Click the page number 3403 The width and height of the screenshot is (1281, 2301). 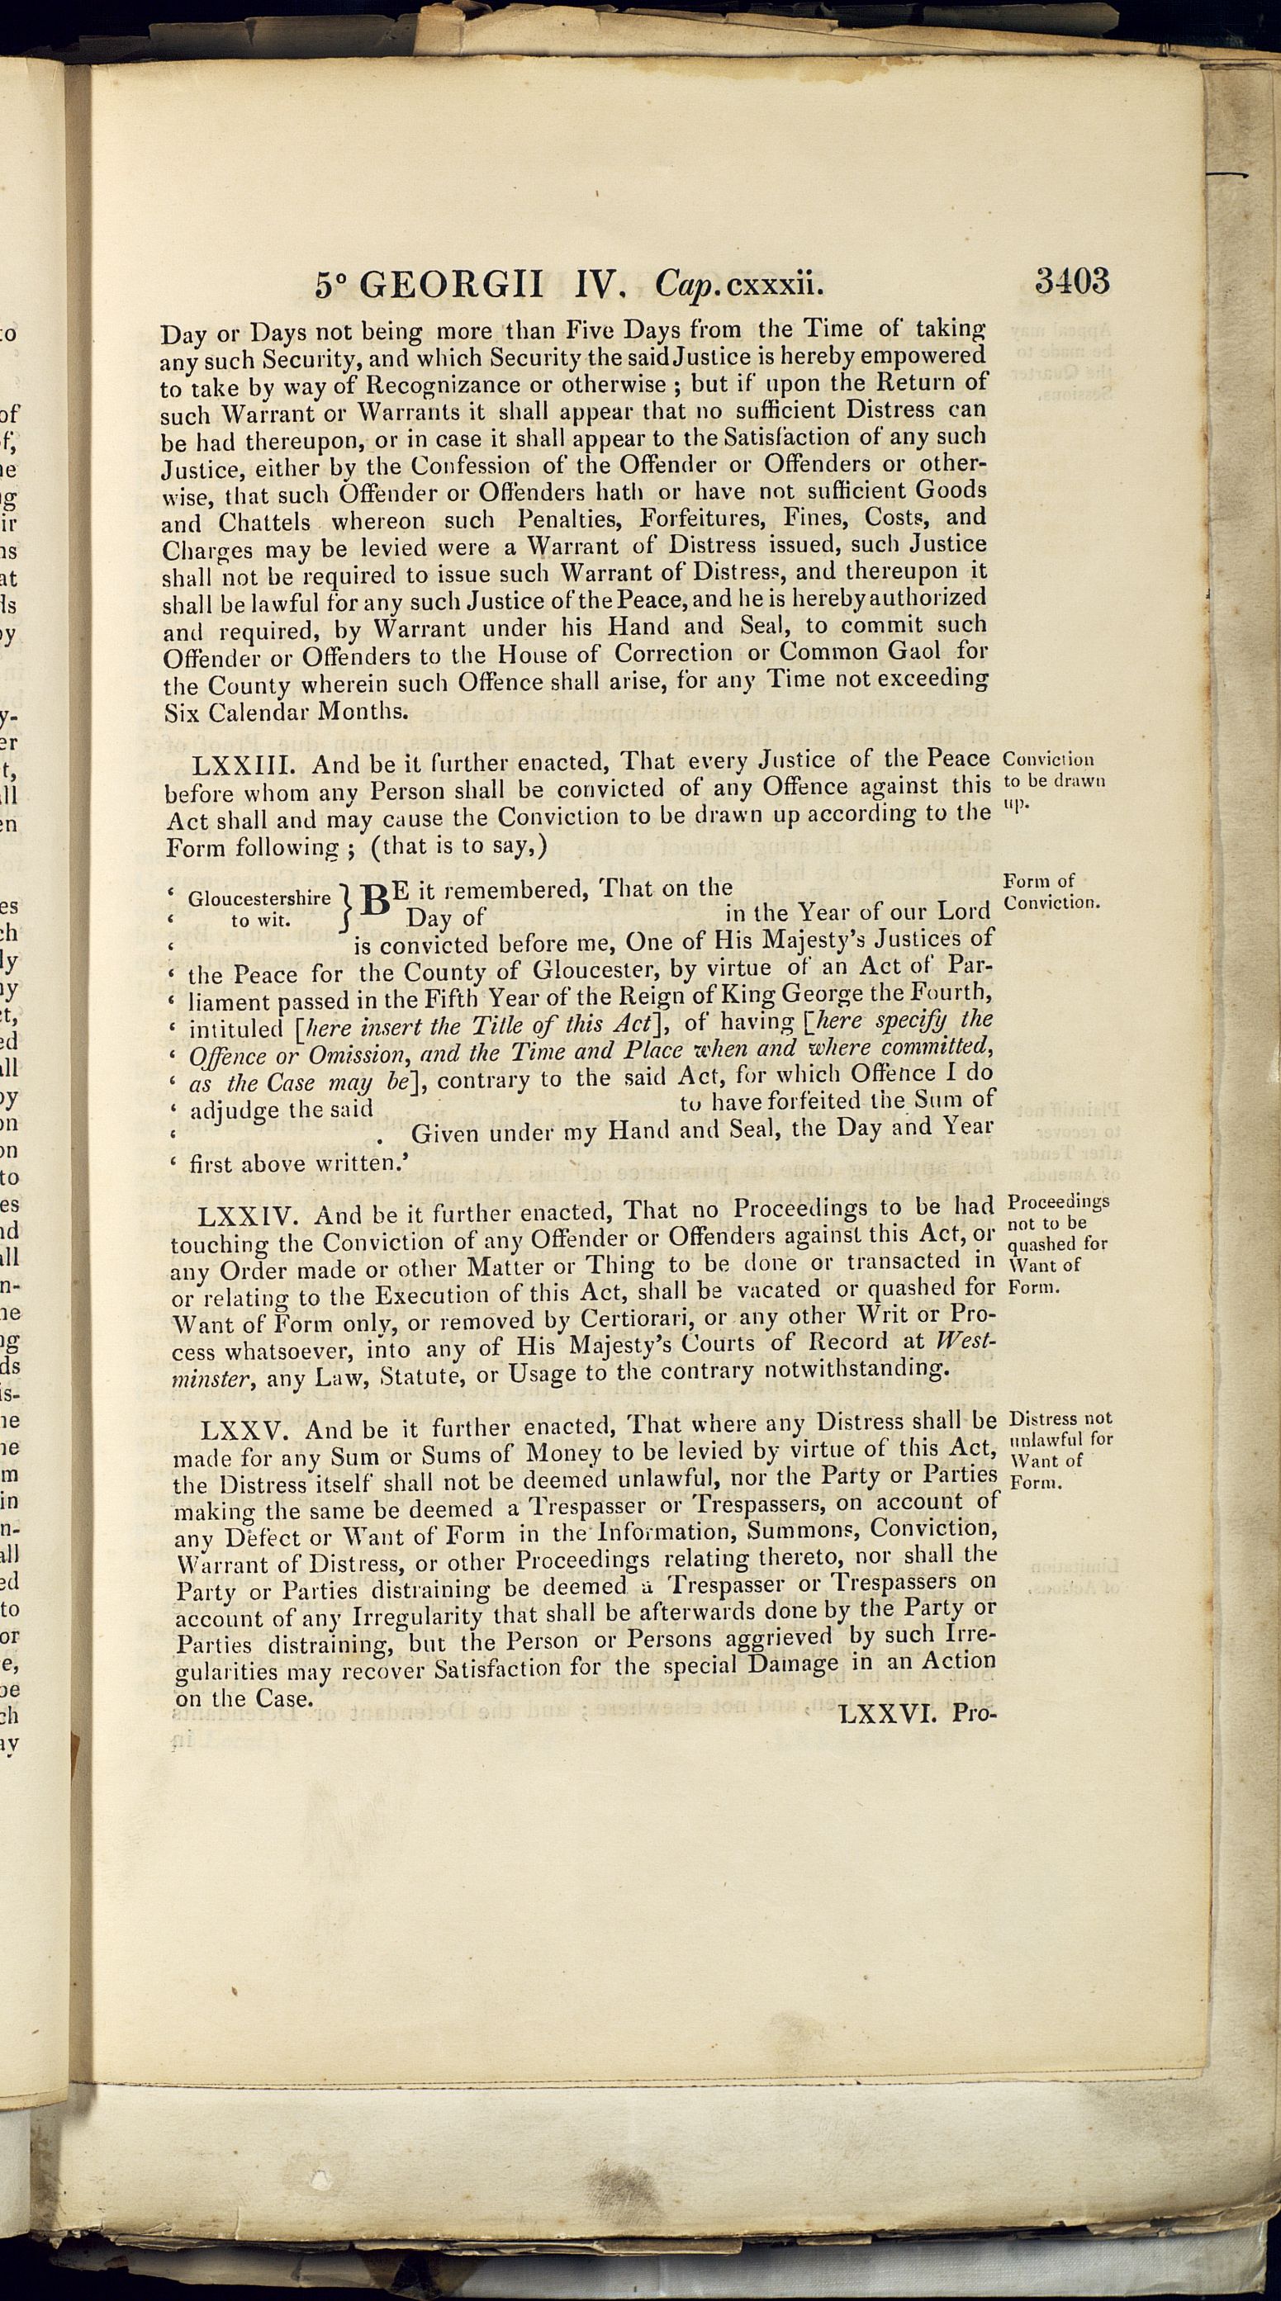[x=1072, y=282]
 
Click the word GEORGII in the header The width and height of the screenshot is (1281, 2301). [x=455, y=285]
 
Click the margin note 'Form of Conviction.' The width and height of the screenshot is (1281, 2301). [x=1051, y=892]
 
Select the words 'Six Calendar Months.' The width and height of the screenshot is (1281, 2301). [x=286, y=712]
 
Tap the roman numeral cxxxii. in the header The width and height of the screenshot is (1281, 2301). [x=774, y=285]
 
